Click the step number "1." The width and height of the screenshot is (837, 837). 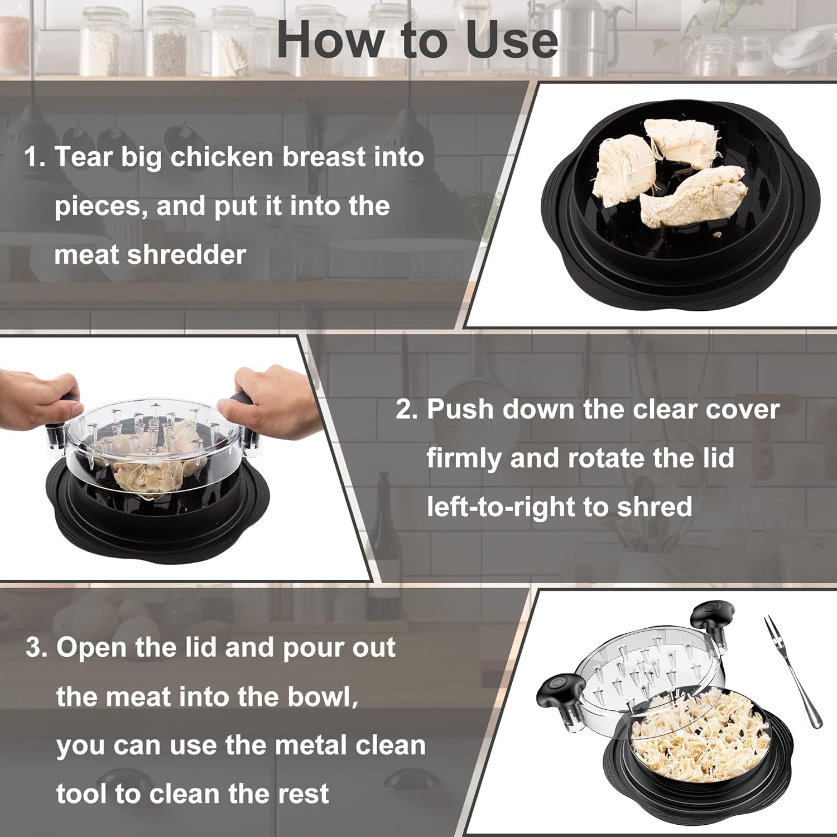point(35,157)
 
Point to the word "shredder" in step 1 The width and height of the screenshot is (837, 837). point(186,255)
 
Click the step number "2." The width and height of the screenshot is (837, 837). point(407,409)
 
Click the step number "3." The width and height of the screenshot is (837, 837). point(37,648)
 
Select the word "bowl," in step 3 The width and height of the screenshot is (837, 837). point(323,696)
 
